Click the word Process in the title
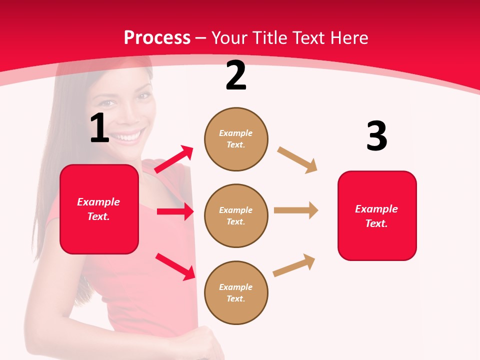click(x=157, y=37)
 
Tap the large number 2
click(x=236, y=75)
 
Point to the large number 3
click(x=376, y=136)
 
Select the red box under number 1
click(x=99, y=209)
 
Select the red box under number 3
click(x=377, y=215)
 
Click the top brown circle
click(x=236, y=139)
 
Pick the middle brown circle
click(x=236, y=215)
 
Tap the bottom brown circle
click(x=236, y=292)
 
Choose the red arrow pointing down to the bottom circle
click(x=175, y=266)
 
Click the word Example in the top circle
click(x=236, y=133)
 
